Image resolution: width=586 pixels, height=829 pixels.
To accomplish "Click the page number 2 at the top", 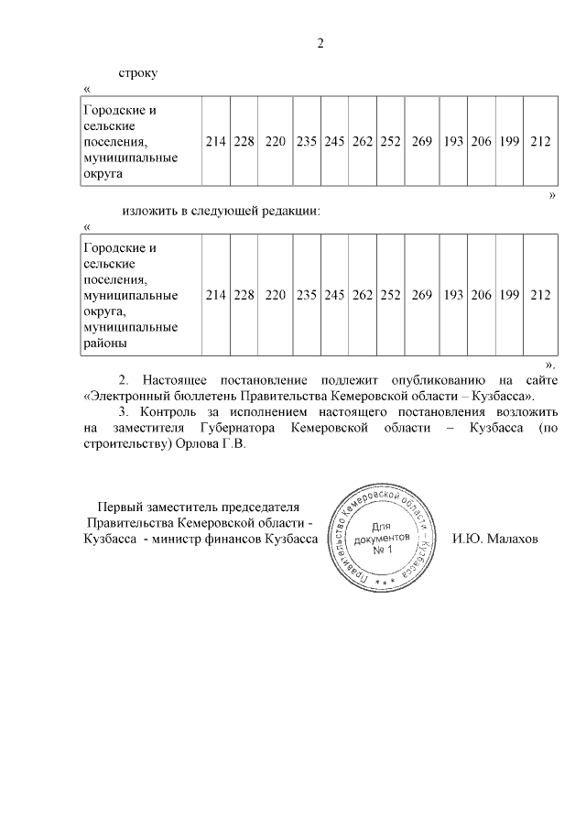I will tap(320, 42).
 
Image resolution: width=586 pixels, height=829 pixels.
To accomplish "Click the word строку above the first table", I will tap(138, 72).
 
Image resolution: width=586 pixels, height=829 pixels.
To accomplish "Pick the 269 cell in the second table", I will tap(421, 295).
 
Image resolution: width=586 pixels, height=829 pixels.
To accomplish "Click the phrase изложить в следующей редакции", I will tap(220, 211).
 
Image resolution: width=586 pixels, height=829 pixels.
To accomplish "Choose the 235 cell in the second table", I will tap(306, 295).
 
